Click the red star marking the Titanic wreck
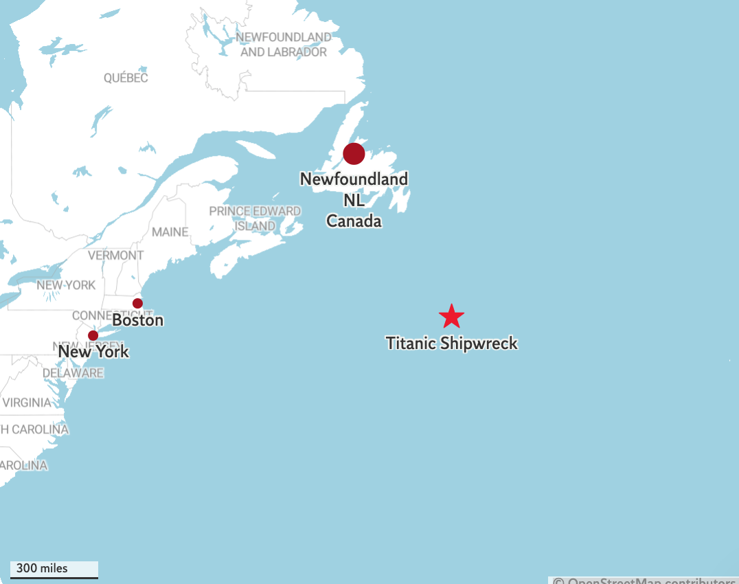tap(451, 316)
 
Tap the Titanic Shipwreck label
tap(451, 343)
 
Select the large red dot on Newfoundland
tap(354, 154)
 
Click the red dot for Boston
tap(137, 303)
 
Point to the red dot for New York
tap(93, 335)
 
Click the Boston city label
tap(137, 320)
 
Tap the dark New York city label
tap(93, 352)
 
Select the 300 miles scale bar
tap(54, 570)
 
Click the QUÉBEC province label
tap(126, 78)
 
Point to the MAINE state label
tap(170, 232)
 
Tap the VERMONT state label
tap(116, 256)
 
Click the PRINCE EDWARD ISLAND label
tap(255, 218)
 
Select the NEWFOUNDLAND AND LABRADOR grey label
tap(283, 44)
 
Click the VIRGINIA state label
tap(27, 403)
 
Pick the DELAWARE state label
tap(73, 373)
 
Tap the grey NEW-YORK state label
tap(66, 285)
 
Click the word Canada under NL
tap(354, 221)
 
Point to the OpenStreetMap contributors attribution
tap(646, 580)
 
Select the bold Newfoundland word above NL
tap(354, 179)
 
